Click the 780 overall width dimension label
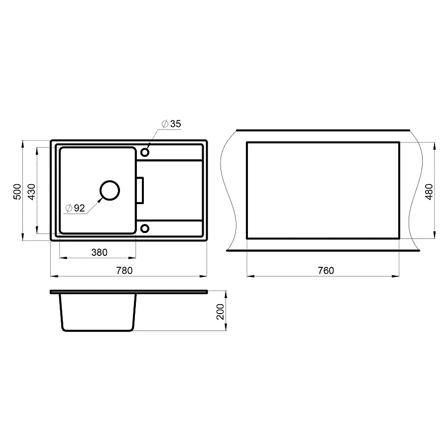click(124, 270)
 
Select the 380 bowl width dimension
click(99, 252)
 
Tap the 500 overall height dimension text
click(16, 191)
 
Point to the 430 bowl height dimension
click(31, 191)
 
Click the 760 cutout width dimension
click(325, 270)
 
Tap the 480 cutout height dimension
click(429, 191)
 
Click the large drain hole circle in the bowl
click(110, 190)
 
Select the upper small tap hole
click(145, 151)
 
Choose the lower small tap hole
click(145, 228)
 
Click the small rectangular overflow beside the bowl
click(140, 190)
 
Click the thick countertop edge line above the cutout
click(324, 129)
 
